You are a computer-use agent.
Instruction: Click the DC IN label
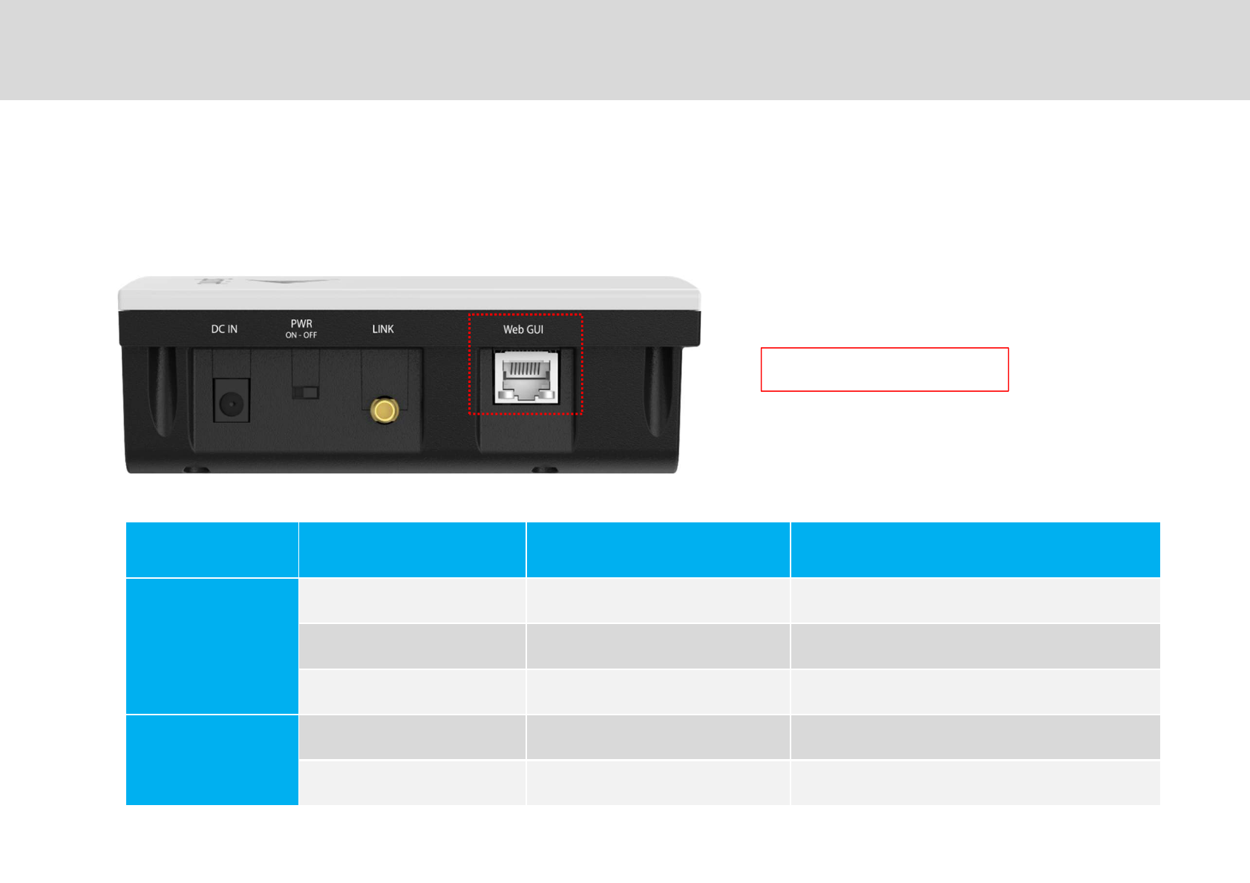(x=224, y=329)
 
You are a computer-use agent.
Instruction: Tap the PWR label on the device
(x=301, y=324)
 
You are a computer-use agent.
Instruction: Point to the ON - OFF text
(x=301, y=335)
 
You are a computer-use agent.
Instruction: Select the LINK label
(x=383, y=329)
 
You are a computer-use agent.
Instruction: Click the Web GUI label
(x=523, y=329)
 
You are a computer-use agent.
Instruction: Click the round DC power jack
(x=231, y=404)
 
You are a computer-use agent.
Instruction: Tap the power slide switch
(x=305, y=392)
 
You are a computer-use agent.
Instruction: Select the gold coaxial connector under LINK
(x=385, y=410)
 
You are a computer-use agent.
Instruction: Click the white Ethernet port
(x=526, y=378)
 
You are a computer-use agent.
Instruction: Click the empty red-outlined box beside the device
(x=884, y=369)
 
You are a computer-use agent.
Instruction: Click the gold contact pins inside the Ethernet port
(x=526, y=368)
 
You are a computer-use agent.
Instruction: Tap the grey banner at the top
(x=625, y=50)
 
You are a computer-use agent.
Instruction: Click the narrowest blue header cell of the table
(x=212, y=550)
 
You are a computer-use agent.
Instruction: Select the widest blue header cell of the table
(x=975, y=550)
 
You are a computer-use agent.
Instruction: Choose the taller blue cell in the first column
(x=212, y=646)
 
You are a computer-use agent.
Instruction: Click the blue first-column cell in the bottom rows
(x=212, y=760)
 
